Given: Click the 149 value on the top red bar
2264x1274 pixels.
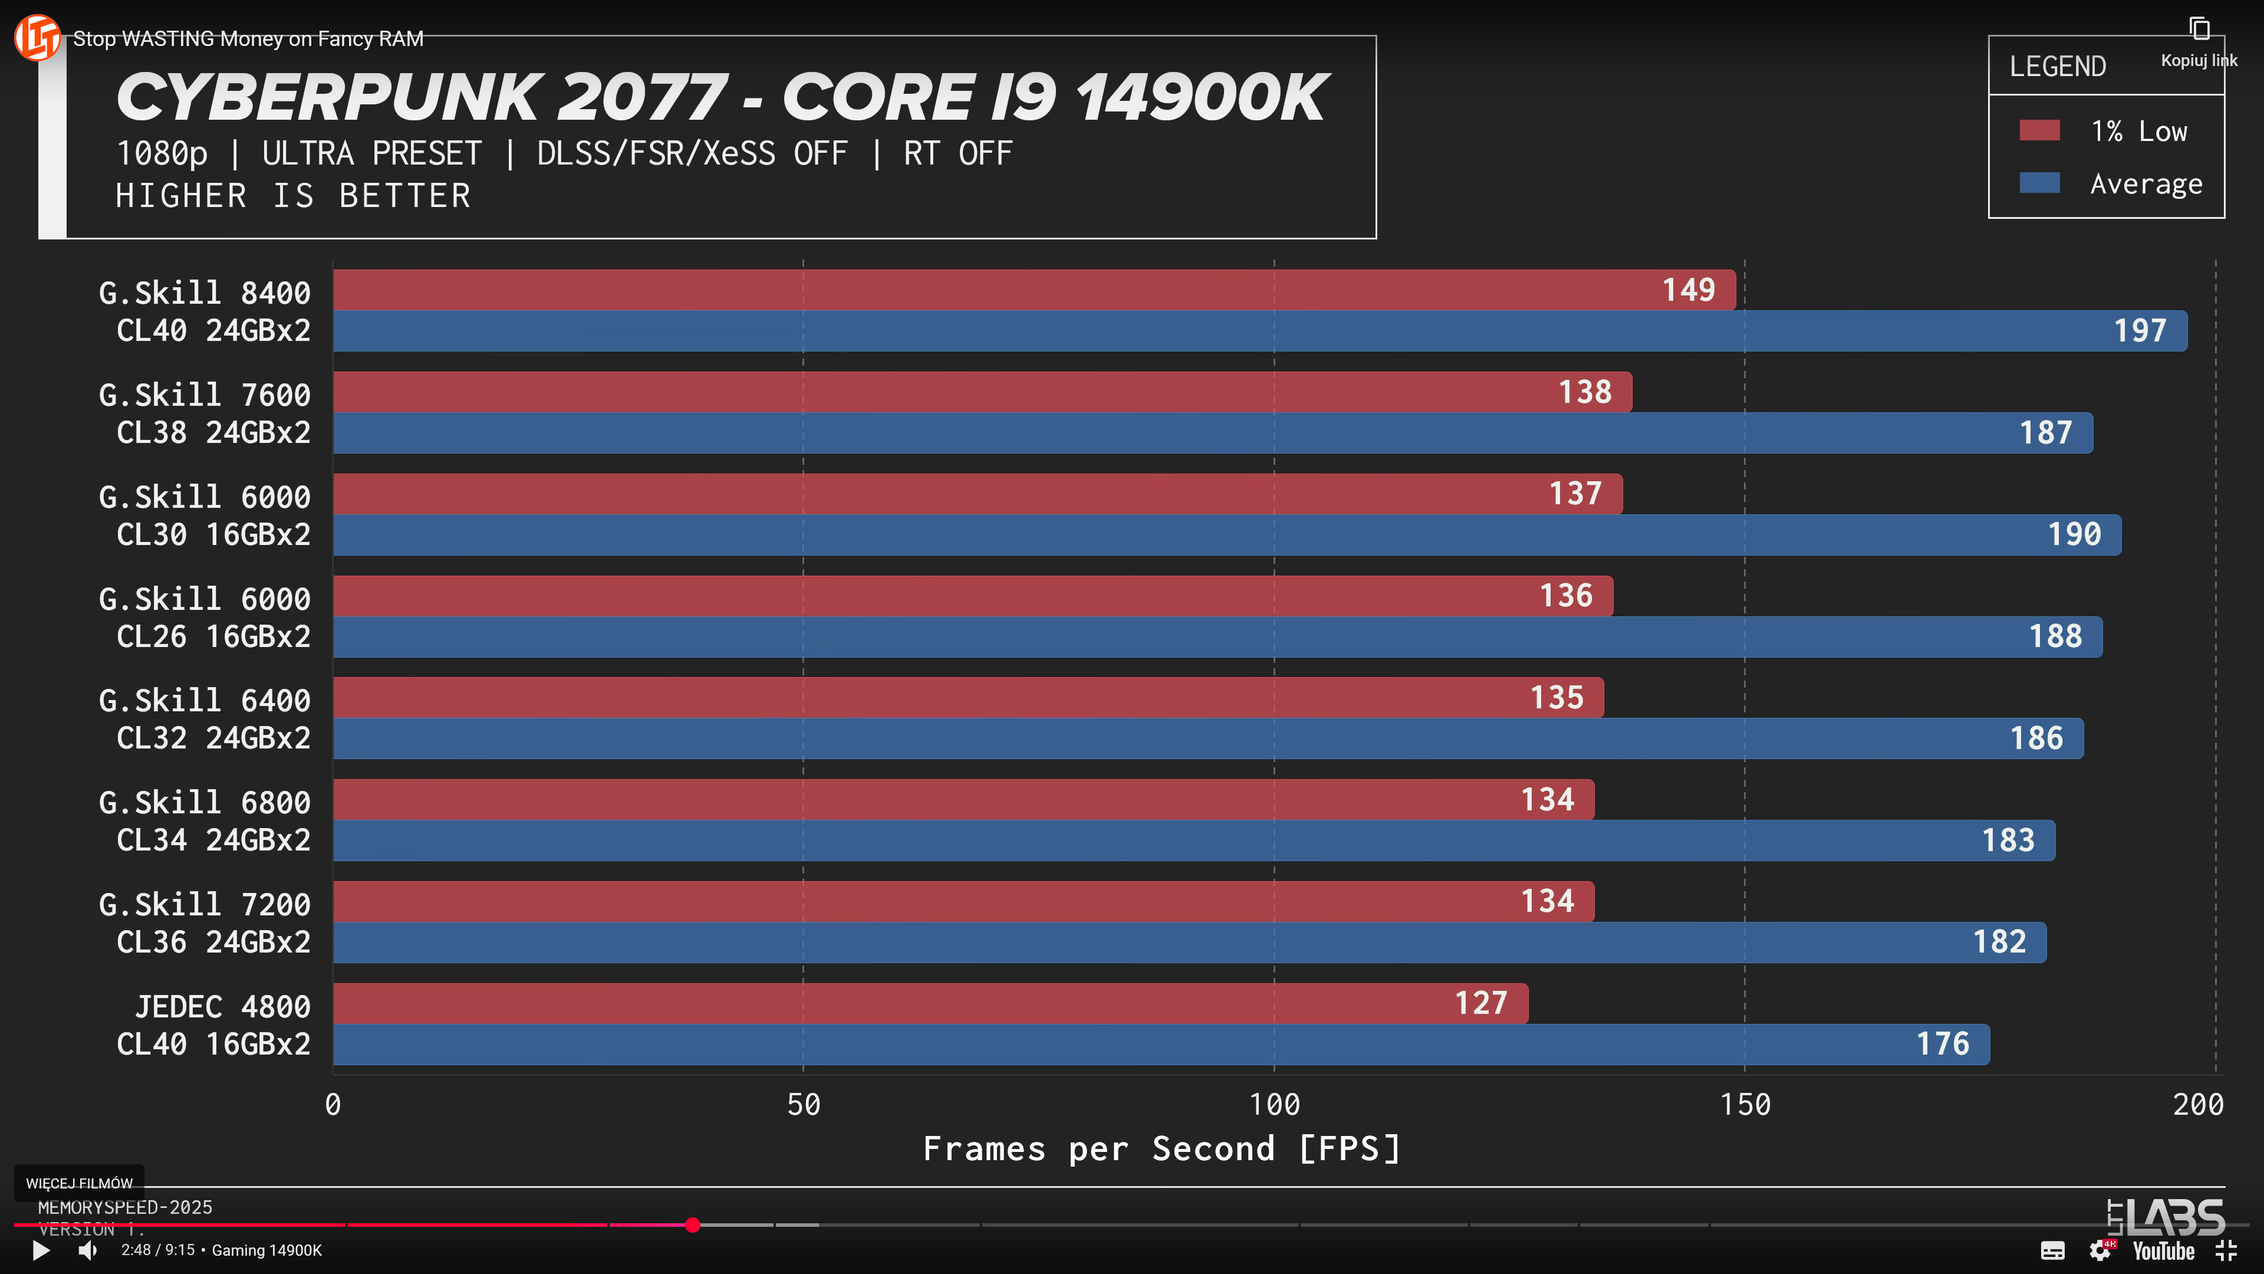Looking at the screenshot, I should point(1689,290).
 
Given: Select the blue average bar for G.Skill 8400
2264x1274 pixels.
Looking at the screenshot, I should point(1230,331).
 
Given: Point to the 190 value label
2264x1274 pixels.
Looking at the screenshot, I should point(2074,534).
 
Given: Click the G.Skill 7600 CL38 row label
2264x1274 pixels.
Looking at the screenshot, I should point(205,413).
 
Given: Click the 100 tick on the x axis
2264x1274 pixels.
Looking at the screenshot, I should point(1274,1104).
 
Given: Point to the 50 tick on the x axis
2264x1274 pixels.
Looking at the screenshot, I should point(803,1104).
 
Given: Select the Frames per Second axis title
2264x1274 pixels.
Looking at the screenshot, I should point(1162,1148).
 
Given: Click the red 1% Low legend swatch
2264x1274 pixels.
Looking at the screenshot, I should point(2039,131).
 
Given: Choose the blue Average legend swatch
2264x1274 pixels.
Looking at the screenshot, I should point(2039,183).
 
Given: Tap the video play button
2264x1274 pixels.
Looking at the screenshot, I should point(41,1250).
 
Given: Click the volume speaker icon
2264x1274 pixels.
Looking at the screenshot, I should point(87,1250).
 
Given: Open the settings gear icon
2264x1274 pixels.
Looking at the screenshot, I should point(2100,1250).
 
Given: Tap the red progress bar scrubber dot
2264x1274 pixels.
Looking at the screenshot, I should point(693,1225).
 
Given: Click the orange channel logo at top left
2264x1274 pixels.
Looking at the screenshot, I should point(37,37).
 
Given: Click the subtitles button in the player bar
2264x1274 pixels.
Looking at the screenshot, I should point(2052,1250).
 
